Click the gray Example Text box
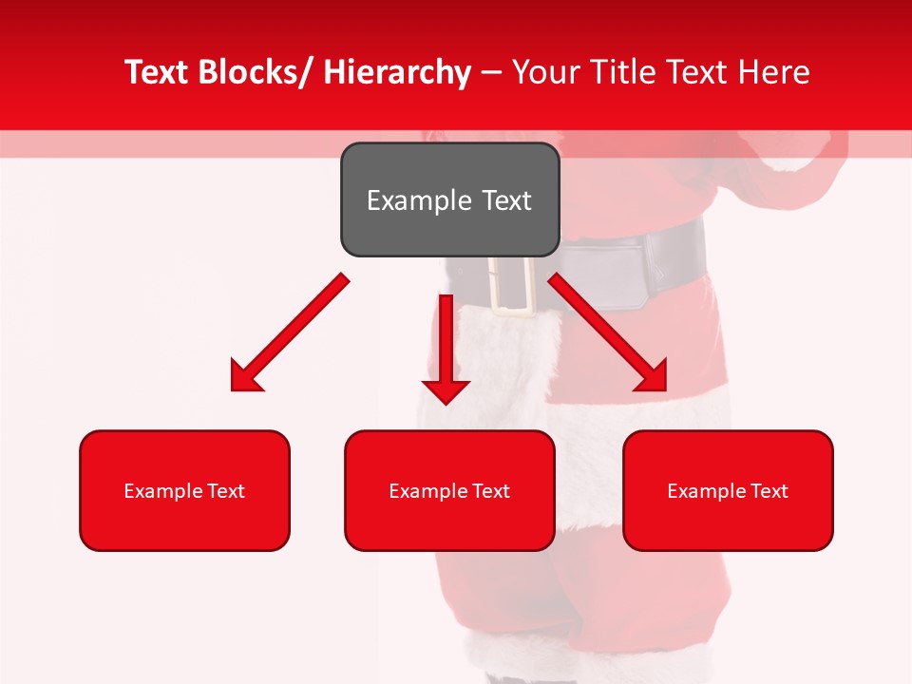pos(449,199)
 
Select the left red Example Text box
pos(184,490)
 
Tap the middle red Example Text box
pos(449,490)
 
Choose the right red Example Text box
pos(728,490)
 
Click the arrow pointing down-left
pos(290,333)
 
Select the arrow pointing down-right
pos(608,333)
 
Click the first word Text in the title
pos(157,73)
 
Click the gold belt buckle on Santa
pos(514,285)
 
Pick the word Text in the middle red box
pos(491,491)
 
